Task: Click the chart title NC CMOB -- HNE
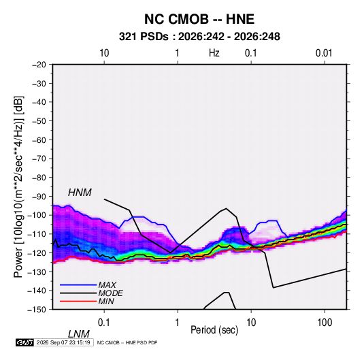coord(199,19)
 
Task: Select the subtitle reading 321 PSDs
coord(144,37)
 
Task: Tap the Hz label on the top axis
coord(214,53)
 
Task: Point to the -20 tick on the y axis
coord(39,65)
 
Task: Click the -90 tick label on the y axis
coord(39,197)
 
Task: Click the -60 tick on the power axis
coord(39,140)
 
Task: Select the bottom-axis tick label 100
coord(325,323)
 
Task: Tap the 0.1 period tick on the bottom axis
coord(103,323)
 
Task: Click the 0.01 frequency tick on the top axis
coord(324,53)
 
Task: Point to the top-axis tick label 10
coord(104,53)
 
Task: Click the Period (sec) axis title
coord(214,330)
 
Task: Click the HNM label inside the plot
coord(80,193)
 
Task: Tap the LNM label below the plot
coord(79,334)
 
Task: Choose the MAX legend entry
coord(107,284)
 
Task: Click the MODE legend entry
coord(110,293)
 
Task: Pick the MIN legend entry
coord(106,301)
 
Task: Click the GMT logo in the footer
coord(25,342)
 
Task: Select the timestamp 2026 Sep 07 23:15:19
coord(63,342)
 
